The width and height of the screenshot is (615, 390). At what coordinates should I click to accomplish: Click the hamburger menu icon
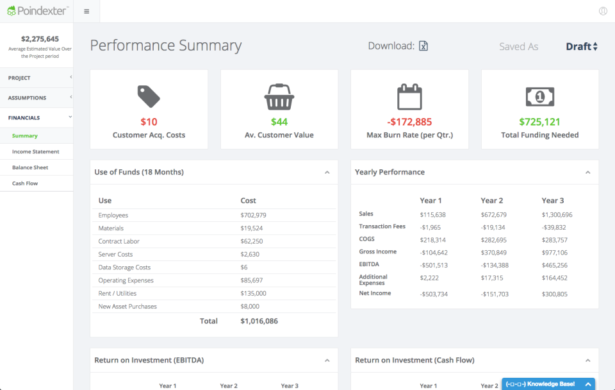point(86,12)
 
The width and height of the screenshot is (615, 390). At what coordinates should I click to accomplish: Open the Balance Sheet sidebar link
point(30,167)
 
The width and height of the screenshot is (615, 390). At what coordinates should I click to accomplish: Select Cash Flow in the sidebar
point(25,183)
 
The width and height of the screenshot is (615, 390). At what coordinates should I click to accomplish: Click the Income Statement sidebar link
point(35,152)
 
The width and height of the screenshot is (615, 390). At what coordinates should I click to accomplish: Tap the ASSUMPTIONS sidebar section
point(27,97)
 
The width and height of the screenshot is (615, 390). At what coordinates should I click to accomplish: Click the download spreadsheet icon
point(423,46)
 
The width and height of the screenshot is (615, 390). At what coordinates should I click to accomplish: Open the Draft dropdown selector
point(581,46)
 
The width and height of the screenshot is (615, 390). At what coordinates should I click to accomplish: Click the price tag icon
point(149,96)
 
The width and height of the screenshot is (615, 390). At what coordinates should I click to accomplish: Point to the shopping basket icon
point(279,97)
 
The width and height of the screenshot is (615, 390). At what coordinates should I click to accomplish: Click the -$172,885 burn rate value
point(409,122)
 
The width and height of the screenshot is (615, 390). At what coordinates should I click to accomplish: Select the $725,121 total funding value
point(539,122)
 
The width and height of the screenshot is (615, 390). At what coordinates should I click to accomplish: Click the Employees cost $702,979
point(253,216)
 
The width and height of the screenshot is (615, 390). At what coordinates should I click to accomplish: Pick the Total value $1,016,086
point(259,321)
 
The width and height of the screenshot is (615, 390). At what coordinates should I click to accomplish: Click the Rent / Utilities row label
point(118,293)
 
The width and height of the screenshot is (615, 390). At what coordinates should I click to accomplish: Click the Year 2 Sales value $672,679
point(493,214)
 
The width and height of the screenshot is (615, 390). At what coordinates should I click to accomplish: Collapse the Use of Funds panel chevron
point(327,172)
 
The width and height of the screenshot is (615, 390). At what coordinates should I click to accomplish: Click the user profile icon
point(603,11)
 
